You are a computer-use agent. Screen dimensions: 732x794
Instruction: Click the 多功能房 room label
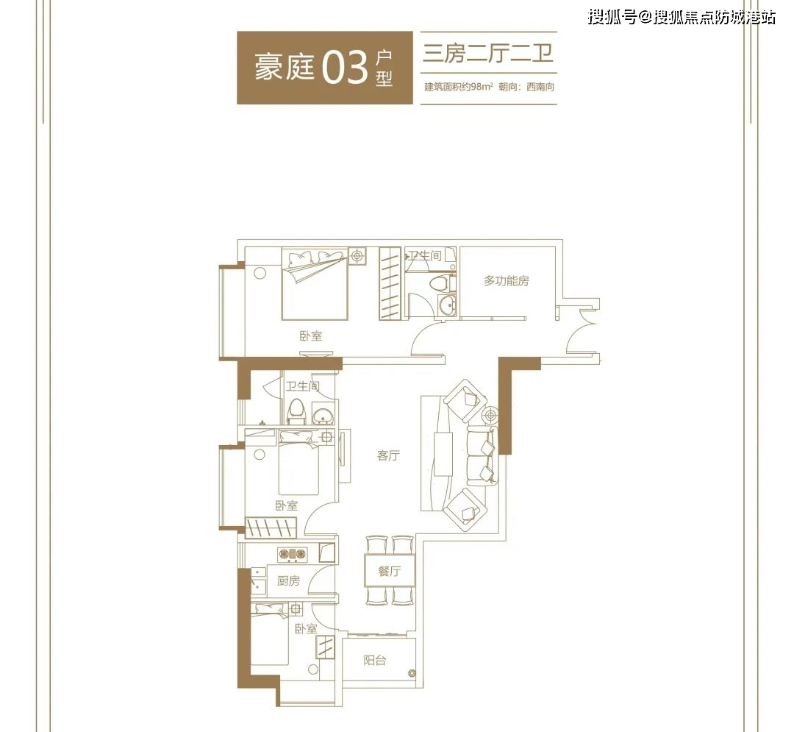tap(507, 280)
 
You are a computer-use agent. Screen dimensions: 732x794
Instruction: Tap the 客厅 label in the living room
tap(388, 456)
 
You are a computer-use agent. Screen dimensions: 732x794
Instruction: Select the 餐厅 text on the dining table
tap(389, 571)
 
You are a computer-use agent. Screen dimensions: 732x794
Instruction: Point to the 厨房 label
tap(288, 581)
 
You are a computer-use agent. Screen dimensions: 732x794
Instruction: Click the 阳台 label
tap(375, 660)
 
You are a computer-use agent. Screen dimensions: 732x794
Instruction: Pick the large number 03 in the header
tap(345, 68)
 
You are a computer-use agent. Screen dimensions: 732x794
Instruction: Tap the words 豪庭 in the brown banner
tap(284, 68)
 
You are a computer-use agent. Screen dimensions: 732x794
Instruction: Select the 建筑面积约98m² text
tap(459, 88)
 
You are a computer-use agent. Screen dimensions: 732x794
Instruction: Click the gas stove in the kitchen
tap(292, 553)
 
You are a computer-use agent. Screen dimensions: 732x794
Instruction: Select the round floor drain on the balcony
tap(411, 671)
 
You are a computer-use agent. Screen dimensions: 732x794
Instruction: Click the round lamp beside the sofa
tap(490, 416)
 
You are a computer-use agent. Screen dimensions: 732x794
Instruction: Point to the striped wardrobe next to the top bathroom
tap(390, 283)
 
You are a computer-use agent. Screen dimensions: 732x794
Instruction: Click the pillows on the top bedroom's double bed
tap(315, 259)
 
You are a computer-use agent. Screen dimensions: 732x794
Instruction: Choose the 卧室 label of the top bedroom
tap(310, 336)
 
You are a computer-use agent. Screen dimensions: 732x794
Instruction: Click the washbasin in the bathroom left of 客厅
tap(323, 417)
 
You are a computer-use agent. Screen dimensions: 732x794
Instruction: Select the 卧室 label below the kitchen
tap(306, 629)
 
